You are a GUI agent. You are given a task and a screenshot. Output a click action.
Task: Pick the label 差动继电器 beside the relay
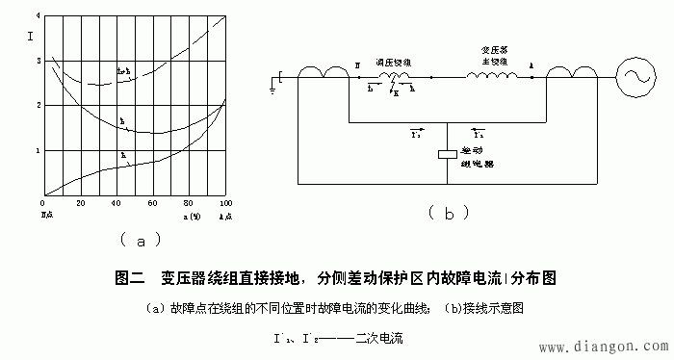point(479,157)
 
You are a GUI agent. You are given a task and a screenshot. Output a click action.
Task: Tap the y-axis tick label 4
point(37,17)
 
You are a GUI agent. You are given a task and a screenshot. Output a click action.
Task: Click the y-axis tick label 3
point(37,61)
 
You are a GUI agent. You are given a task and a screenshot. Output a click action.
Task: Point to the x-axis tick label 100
point(224,205)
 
